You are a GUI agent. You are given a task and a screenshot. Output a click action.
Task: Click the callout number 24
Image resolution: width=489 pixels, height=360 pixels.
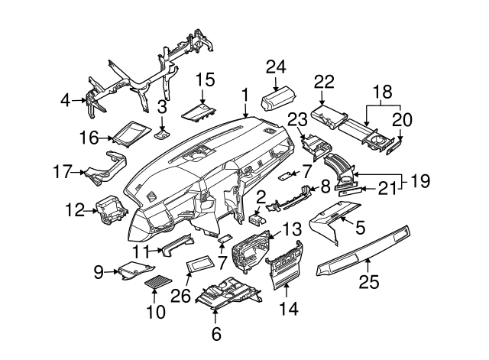(274, 66)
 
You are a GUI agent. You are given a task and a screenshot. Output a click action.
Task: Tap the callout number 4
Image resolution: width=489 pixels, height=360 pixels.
(66, 99)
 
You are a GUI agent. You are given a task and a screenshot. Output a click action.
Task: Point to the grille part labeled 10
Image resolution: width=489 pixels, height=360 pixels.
(159, 281)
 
